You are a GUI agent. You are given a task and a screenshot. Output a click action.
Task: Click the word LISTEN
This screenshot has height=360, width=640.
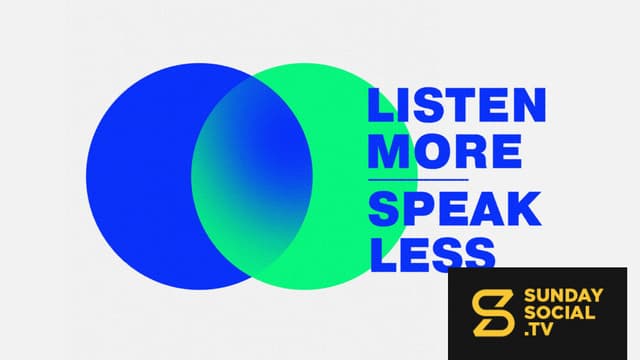tap(457, 105)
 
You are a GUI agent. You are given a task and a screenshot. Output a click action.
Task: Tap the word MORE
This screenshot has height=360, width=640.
tap(445, 152)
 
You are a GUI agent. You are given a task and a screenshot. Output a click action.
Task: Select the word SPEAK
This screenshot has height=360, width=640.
tap(455, 209)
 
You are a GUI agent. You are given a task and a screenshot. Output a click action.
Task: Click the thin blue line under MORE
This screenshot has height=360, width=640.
tap(418, 180)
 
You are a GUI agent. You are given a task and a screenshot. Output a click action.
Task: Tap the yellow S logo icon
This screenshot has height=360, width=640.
tap(493, 313)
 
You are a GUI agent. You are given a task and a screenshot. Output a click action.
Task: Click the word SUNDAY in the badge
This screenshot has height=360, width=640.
tap(563, 296)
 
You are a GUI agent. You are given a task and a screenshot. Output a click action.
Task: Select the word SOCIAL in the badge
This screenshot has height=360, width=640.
tap(559, 313)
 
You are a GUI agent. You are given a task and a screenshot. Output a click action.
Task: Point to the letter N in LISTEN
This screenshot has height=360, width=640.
tap(529, 105)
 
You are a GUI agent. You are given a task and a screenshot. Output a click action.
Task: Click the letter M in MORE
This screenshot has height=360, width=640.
tap(388, 152)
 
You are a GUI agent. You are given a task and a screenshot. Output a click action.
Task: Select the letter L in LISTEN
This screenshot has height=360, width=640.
tap(380, 105)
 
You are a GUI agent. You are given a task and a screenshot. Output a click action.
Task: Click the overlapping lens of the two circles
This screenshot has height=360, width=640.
tap(252, 176)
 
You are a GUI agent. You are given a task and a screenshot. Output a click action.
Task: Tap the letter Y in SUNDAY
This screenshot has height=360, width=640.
tap(597, 296)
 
